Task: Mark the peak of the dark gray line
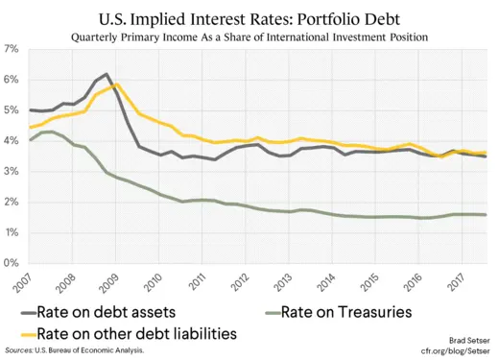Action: pos(106,74)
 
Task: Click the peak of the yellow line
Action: pos(116,84)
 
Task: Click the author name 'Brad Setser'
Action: pos(469,341)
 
